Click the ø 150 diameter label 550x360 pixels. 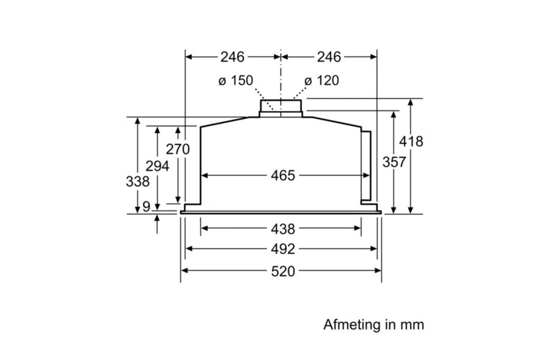(x=235, y=80)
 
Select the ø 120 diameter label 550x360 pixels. (x=321, y=80)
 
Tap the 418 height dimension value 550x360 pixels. (x=410, y=141)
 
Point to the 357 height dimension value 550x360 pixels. (x=394, y=162)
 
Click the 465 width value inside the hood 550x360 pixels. (x=283, y=175)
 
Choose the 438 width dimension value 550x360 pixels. (x=283, y=229)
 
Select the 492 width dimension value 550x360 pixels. (x=283, y=249)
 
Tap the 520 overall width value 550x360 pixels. (x=283, y=271)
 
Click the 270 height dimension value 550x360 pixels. (x=178, y=149)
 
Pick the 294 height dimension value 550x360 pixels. (x=157, y=166)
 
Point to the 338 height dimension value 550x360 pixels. (x=137, y=181)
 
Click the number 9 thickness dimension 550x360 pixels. (x=146, y=206)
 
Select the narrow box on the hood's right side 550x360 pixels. (x=366, y=165)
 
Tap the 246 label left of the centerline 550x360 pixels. (x=232, y=57)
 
